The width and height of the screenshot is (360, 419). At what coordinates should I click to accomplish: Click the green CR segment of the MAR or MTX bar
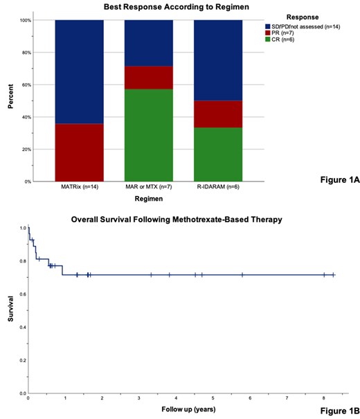pos(148,135)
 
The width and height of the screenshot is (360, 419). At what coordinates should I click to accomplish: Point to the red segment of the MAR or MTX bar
pos(148,78)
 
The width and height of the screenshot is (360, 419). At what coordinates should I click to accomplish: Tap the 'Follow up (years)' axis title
pos(180,409)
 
